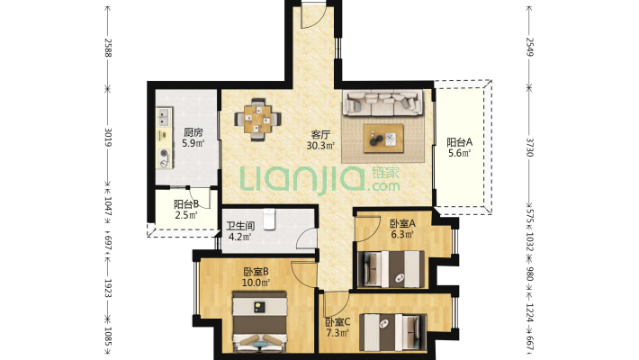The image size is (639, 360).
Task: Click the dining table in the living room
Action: click(257, 120)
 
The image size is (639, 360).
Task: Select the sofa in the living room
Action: click(382, 103)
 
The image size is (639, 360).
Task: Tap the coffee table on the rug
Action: click(383, 139)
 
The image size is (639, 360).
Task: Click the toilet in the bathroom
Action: click(269, 219)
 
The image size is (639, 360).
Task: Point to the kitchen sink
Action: click(164, 117)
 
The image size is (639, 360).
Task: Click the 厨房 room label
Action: click(193, 132)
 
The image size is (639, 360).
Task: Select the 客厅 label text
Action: click(320, 135)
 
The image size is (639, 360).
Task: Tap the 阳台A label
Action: click(459, 142)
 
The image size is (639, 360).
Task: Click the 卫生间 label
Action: click(241, 226)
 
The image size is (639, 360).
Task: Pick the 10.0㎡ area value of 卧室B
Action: click(256, 282)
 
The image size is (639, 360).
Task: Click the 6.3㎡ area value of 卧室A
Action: click(402, 234)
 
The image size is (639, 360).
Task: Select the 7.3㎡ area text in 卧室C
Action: click(337, 333)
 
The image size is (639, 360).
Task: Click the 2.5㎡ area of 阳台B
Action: click(186, 215)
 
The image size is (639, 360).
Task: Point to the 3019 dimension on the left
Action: click(108, 138)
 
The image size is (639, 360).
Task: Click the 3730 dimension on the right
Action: click(529, 148)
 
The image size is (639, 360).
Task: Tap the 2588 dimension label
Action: click(108, 48)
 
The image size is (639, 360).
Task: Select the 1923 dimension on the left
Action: click(108, 288)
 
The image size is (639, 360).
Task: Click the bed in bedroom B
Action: click(259, 321)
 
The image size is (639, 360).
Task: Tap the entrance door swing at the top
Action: click(313, 16)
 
